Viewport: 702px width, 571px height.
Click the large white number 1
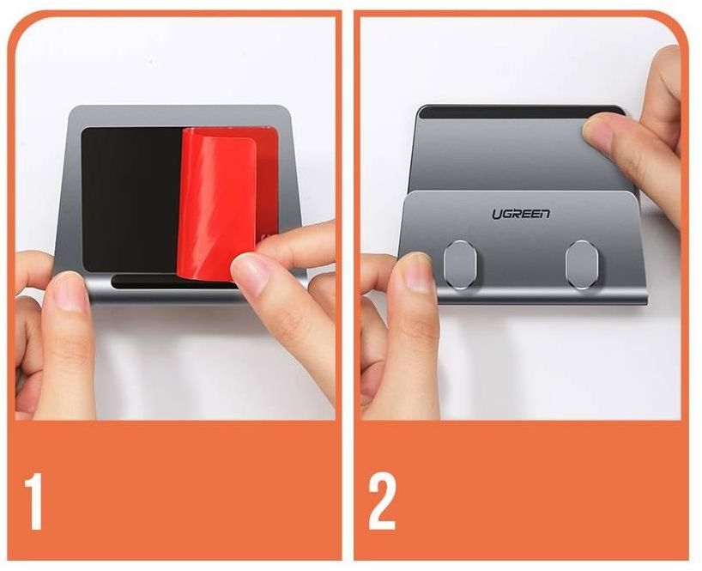coord(34,501)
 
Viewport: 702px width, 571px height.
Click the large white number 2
coord(382,501)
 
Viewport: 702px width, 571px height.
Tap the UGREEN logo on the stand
coord(521,214)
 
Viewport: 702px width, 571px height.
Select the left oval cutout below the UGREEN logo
coord(460,264)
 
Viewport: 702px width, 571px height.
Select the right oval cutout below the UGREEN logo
coord(582,264)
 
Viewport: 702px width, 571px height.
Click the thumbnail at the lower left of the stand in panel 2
coord(415,272)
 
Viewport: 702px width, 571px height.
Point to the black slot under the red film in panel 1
coord(148,282)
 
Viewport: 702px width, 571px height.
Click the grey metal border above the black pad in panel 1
coord(179,117)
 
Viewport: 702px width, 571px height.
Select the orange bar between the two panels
coord(348,287)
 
